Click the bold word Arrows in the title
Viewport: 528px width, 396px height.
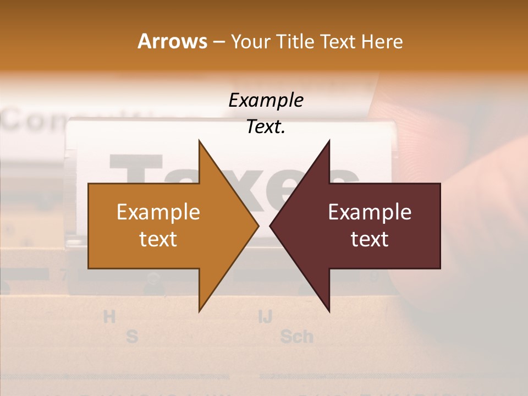pos(172,41)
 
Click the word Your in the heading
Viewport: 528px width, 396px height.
pos(250,41)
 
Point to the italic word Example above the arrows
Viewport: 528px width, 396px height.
pos(266,101)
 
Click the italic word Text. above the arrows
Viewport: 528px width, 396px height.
pos(266,127)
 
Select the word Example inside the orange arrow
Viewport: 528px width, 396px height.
pos(158,212)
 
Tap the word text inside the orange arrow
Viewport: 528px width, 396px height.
pos(158,239)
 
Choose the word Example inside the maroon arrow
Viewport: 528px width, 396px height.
pos(370,212)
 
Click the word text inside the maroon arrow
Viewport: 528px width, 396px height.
pos(370,239)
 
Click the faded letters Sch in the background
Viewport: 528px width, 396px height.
pos(296,336)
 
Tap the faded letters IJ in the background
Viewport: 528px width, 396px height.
pos(265,317)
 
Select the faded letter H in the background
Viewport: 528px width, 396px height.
pos(109,317)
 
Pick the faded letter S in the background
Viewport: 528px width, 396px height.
pos(131,336)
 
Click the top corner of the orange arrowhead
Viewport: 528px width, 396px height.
pos(200,141)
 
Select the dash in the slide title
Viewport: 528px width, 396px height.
pos(218,42)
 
